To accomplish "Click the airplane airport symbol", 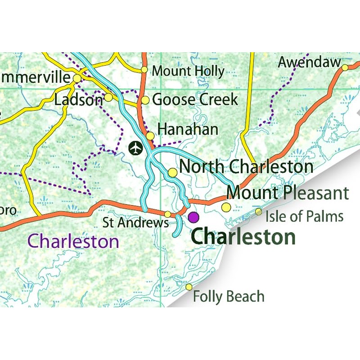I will click(135, 148).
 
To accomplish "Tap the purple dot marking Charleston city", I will click(193, 217).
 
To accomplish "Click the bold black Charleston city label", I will click(243, 237).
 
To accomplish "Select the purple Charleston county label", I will click(73, 241).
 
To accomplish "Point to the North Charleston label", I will click(246, 167).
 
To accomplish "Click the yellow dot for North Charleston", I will click(172, 173).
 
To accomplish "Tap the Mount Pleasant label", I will click(288, 193).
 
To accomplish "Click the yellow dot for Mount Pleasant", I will click(226, 207).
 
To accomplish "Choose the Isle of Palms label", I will click(304, 216).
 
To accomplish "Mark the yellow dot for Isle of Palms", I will click(258, 211).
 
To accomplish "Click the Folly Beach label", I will click(228, 297).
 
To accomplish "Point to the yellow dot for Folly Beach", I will click(189, 287).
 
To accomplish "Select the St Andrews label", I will click(135, 222).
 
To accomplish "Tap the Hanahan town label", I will click(188, 130).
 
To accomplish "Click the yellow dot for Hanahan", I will click(150, 135).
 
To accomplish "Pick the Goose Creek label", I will click(195, 99).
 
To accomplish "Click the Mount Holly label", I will click(188, 71).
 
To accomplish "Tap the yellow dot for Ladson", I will click(108, 97).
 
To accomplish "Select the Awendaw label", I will click(309, 63).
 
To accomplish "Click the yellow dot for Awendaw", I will click(345, 68).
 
